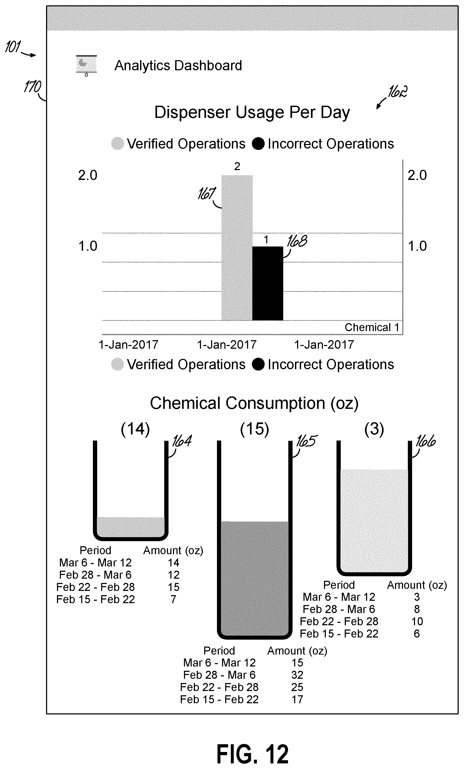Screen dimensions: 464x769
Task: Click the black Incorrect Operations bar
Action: (x=268, y=283)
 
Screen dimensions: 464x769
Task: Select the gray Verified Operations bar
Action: (x=237, y=248)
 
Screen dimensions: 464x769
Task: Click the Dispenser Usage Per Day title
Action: (x=252, y=113)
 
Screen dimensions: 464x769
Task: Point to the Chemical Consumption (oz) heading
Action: (x=254, y=403)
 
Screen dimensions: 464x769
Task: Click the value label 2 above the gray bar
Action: (x=237, y=166)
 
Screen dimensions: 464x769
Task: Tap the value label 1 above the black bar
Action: (x=266, y=240)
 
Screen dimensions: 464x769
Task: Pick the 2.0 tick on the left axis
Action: (x=88, y=175)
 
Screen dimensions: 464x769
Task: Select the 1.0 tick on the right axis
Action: (x=417, y=246)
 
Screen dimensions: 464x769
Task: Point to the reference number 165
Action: (x=306, y=441)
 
